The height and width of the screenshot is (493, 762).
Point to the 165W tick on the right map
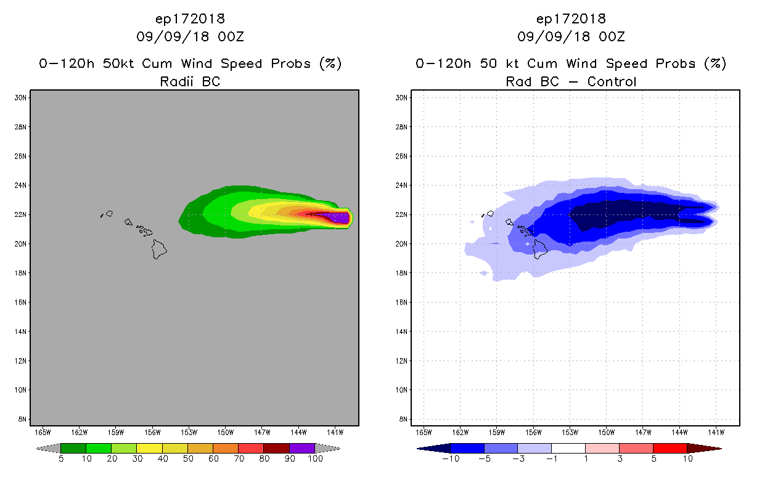tap(424, 431)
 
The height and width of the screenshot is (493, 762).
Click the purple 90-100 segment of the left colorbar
tap(302, 448)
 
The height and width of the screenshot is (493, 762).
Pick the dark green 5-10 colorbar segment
tap(73, 448)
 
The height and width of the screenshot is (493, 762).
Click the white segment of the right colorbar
tap(568, 448)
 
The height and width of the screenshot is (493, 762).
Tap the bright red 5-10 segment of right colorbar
tap(669, 448)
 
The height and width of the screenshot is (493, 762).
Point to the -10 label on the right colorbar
tap(451, 459)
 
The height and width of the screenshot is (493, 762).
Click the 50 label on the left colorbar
tap(187, 459)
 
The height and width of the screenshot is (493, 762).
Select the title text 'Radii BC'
tap(190, 81)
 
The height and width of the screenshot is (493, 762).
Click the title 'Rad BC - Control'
tap(571, 81)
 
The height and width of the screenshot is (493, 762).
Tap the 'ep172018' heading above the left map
tap(190, 18)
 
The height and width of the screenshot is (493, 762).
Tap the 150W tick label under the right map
tap(607, 431)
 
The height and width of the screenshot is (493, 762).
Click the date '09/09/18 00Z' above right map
tap(571, 37)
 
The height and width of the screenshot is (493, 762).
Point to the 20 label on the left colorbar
tap(112, 459)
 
